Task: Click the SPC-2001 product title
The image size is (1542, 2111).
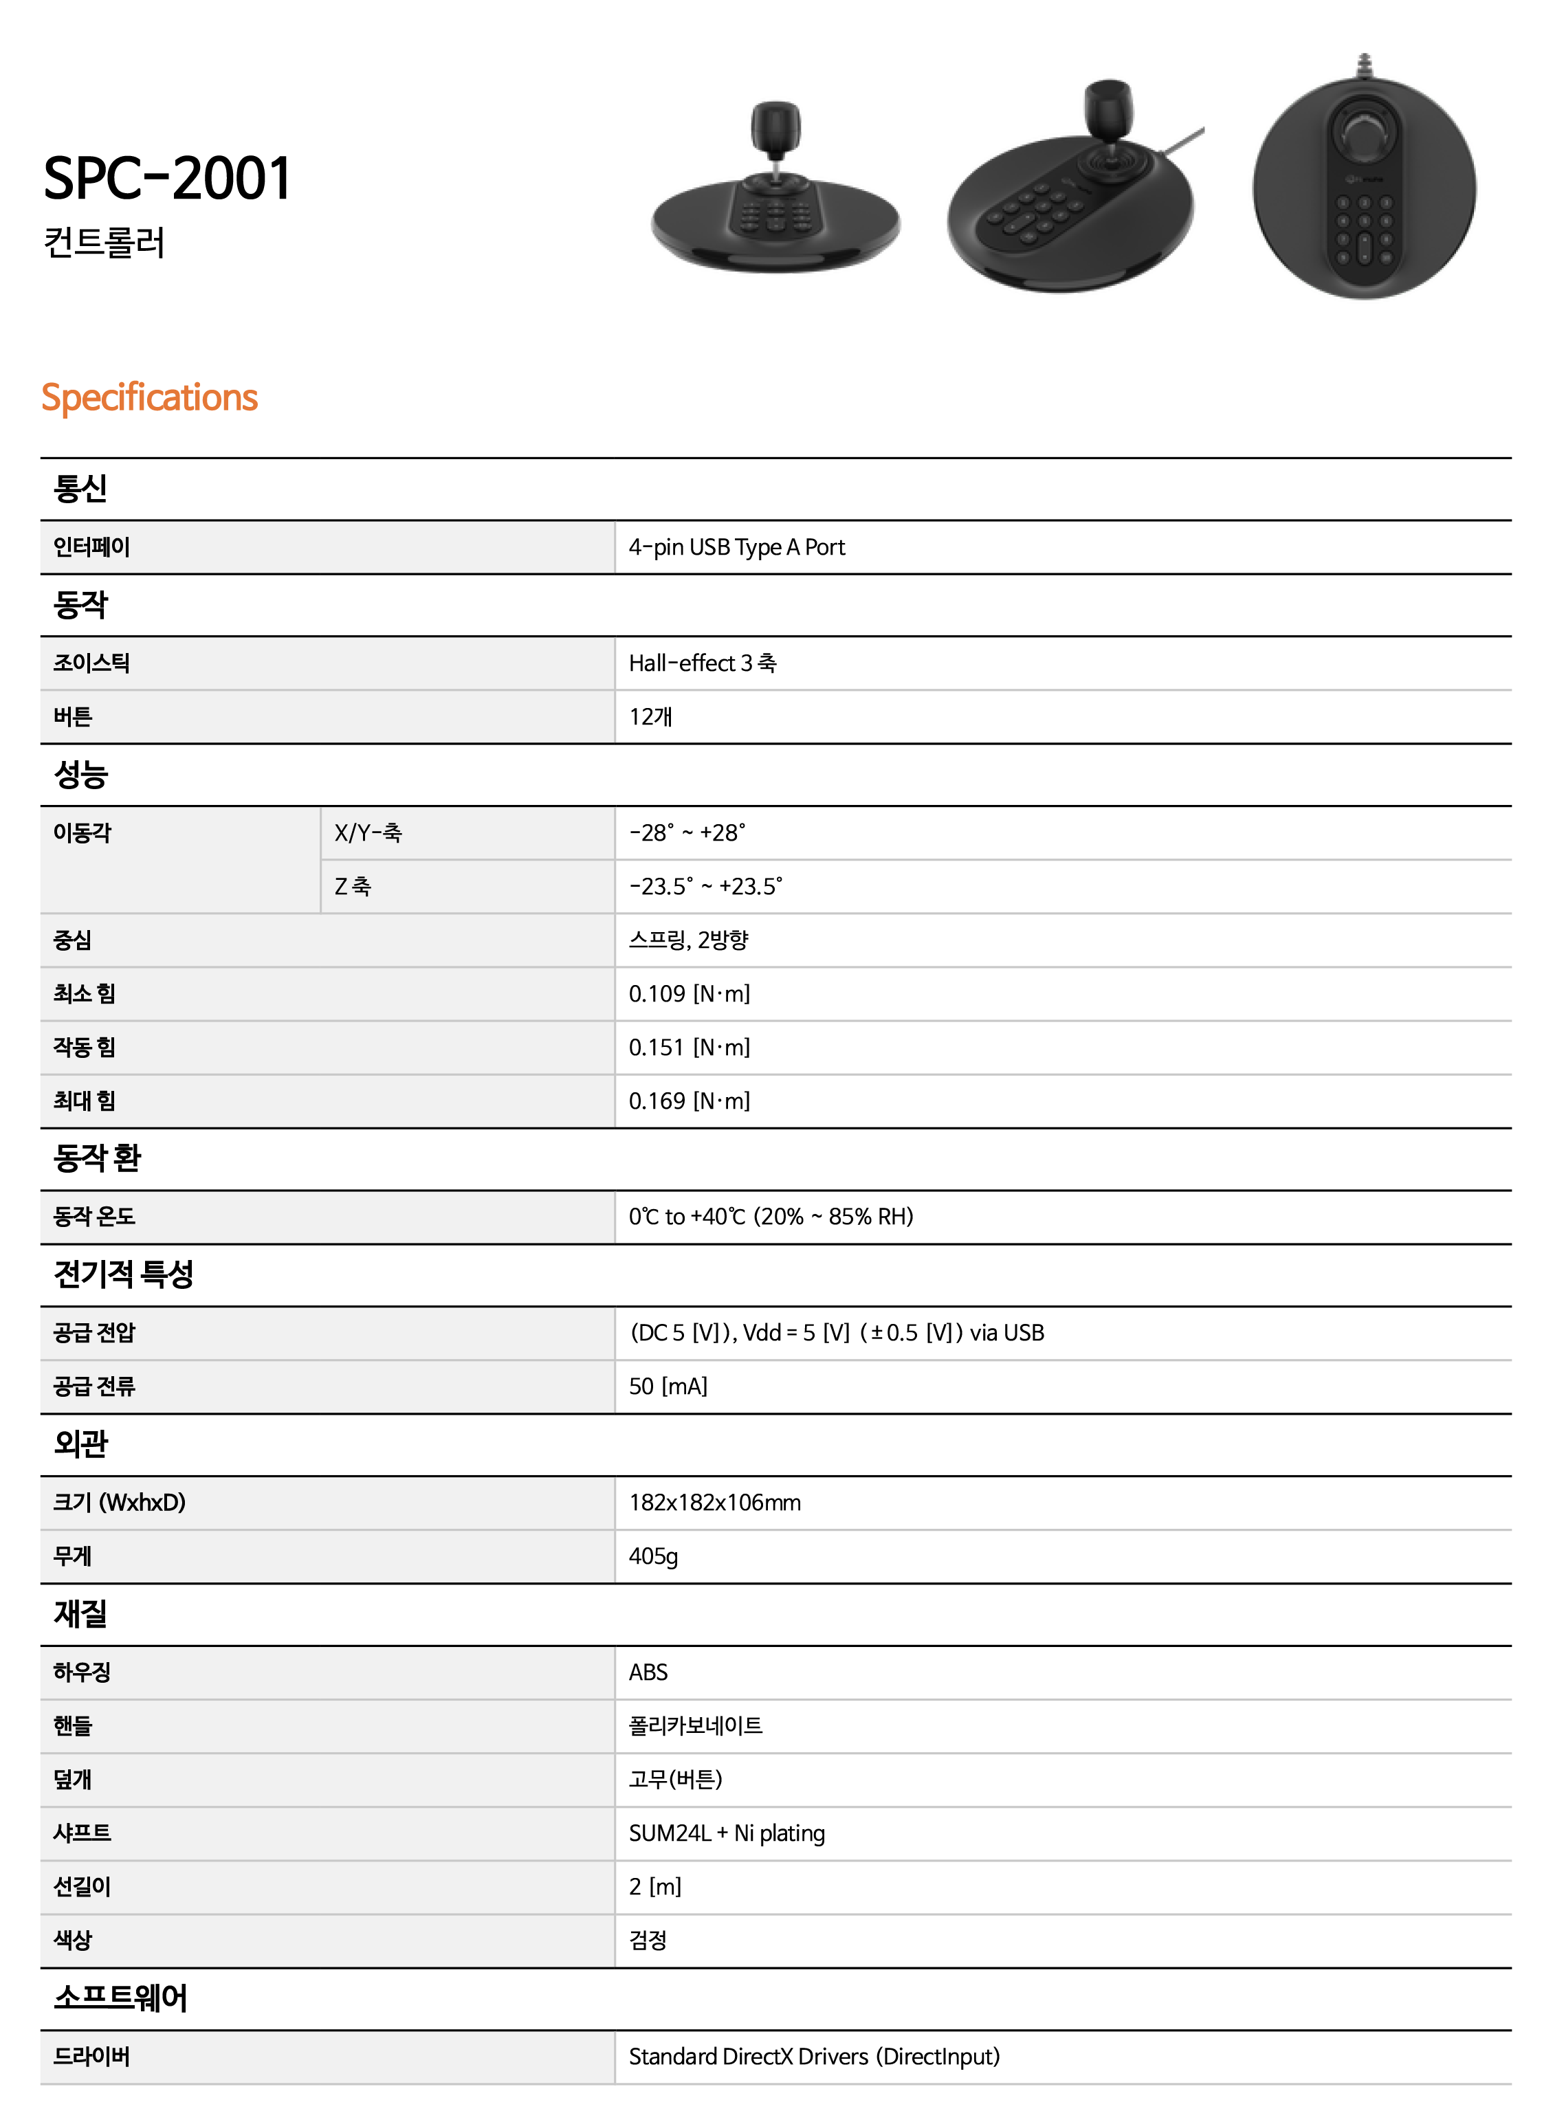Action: tap(167, 178)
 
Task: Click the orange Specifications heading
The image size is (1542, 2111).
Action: tap(149, 397)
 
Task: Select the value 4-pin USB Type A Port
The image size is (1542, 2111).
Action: tap(736, 548)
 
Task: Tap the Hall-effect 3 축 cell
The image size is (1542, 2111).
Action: tap(702, 663)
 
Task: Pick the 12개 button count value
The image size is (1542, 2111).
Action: tap(650, 717)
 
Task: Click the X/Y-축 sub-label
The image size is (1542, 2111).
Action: tap(368, 833)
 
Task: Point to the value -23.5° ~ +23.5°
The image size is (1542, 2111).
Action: tap(705, 887)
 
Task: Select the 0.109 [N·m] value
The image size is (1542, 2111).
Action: tap(689, 994)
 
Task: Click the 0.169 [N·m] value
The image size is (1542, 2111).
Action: tap(689, 1101)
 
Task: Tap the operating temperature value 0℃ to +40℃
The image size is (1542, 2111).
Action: tap(770, 1217)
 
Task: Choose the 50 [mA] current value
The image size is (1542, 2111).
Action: tap(668, 1386)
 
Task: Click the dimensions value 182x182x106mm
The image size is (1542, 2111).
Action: tap(714, 1503)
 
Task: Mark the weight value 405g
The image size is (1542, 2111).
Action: tap(653, 1557)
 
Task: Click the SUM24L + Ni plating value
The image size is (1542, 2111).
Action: tap(726, 1834)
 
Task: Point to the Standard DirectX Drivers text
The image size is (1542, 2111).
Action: tap(813, 2057)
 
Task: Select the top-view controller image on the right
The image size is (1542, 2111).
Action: tap(1364, 187)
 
